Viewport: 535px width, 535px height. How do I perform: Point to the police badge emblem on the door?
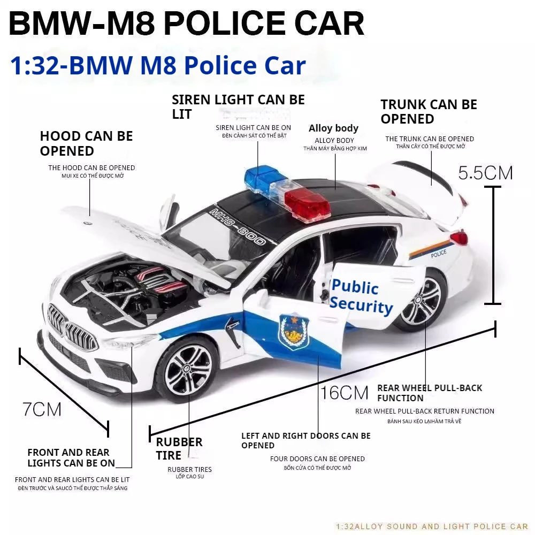[294, 331]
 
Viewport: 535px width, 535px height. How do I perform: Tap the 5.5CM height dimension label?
[485, 172]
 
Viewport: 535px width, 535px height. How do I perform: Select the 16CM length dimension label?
[345, 393]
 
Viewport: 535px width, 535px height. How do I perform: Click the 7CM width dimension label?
[42, 409]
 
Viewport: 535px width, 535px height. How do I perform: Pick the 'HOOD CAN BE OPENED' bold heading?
[86, 143]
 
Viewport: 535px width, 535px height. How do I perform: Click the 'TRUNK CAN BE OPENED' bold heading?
[429, 111]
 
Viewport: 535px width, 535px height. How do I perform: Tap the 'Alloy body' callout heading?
[333, 128]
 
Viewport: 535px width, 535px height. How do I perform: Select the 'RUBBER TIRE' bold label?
[179, 449]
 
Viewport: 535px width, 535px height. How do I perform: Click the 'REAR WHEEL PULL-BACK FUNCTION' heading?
[429, 393]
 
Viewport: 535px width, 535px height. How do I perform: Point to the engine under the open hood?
[144, 289]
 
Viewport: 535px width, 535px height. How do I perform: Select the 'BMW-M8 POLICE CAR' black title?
[186, 24]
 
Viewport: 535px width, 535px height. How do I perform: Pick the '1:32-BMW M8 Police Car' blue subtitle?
[158, 65]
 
